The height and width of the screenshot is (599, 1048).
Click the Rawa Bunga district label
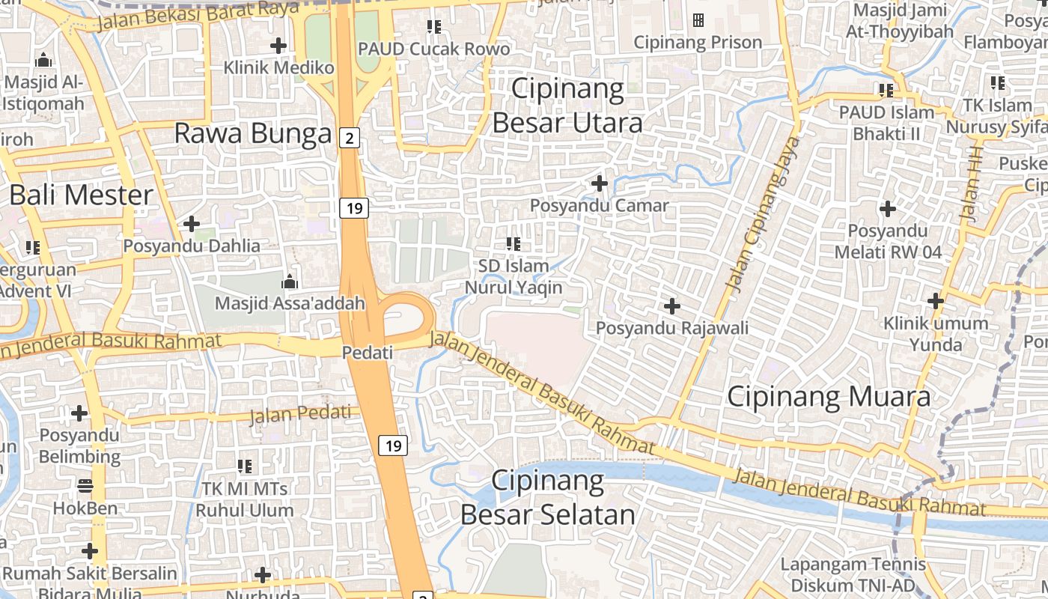pos(253,134)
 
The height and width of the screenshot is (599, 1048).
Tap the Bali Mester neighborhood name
pos(81,195)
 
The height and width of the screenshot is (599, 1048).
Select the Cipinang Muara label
pos(829,397)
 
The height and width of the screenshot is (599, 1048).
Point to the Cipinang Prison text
pos(698,43)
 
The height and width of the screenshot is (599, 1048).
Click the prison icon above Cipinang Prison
pos(698,20)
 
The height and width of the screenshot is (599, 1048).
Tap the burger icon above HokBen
pos(85,486)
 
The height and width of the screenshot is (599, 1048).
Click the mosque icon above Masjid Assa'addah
pos(289,282)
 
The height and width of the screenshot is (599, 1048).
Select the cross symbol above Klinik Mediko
pos(278,46)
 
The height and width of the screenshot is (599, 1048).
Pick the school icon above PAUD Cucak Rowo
pos(433,27)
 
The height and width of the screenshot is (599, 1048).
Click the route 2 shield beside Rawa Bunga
pos(349,137)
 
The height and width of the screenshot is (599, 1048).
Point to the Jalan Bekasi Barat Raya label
pos(198,16)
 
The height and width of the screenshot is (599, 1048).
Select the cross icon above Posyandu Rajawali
pos(672,305)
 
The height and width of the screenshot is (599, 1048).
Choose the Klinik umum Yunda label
pos(936,334)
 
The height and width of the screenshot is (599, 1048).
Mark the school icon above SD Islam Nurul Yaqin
pos(513,243)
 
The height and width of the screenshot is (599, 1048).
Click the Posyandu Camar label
pos(599,205)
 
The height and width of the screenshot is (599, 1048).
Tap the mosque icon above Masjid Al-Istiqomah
pos(43,59)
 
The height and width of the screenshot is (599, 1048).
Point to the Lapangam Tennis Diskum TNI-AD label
pos(853,574)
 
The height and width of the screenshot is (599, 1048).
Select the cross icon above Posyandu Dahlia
pos(192,223)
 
